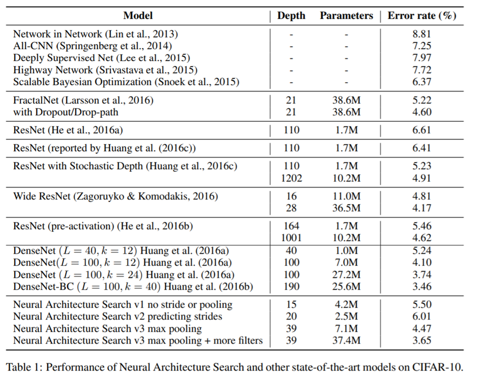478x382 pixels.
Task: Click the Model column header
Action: tap(138, 16)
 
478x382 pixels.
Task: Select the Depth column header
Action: tap(291, 16)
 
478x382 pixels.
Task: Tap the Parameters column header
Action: tap(346, 16)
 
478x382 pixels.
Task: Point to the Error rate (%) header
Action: tap(422, 16)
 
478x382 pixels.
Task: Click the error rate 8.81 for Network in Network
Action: tap(422, 35)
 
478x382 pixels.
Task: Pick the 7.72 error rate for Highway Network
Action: tap(422, 70)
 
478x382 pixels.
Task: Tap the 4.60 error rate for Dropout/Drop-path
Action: tap(422, 112)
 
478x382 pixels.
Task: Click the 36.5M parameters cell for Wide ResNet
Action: tap(346, 208)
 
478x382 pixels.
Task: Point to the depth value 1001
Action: tap(291, 238)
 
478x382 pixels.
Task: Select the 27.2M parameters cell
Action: tap(346, 274)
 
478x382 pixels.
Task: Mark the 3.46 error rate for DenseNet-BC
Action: tap(422, 286)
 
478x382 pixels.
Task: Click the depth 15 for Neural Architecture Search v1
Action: tap(291, 305)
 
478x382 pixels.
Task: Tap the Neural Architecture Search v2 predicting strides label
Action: tap(117, 316)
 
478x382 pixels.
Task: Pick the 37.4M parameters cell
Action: tap(346, 340)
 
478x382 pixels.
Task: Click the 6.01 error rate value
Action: tap(422, 316)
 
